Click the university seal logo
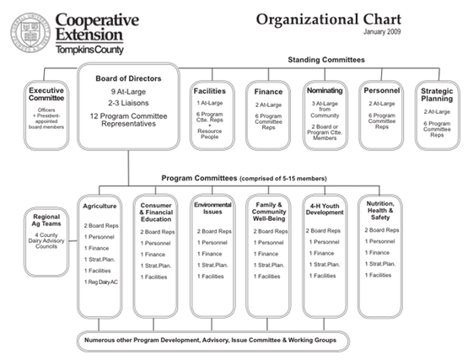tap(29, 33)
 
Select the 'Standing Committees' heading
tap(326, 60)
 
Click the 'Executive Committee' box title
tap(46, 95)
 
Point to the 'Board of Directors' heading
tap(128, 78)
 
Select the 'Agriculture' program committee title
tap(100, 205)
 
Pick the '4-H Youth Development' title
tap(326, 209)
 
